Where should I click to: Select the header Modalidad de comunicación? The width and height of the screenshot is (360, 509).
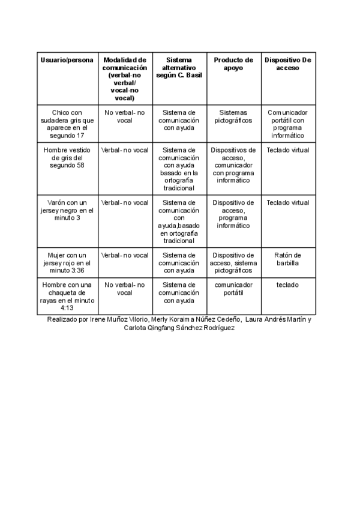[124, 79]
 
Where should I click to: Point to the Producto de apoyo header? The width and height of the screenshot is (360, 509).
[233, 64]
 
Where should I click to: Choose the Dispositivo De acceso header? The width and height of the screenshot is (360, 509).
[287, 64]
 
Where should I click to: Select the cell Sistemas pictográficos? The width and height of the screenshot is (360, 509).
[233, 116]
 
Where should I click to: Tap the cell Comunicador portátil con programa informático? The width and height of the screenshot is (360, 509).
[287, 124]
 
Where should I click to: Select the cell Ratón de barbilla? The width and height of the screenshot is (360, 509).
[287, 259]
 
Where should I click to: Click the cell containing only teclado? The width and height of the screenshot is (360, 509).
[287, 285]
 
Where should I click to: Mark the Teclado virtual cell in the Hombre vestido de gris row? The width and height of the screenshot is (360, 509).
[287, 150]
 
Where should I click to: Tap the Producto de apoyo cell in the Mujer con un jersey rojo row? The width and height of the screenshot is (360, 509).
[233, 259]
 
